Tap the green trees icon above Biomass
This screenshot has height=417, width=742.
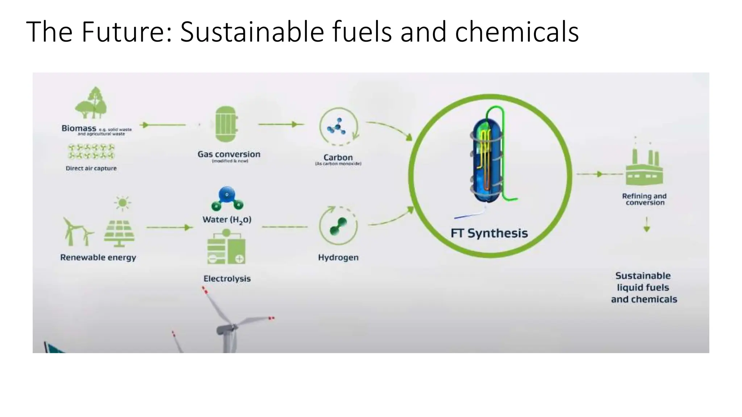point(91,103)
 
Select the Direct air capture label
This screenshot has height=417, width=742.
point(91,168)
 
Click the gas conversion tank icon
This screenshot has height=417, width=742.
point(226,124)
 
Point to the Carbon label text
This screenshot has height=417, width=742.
point(338,157)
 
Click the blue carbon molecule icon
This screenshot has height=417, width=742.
point(337,126)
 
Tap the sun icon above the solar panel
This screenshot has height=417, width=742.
point(122,203)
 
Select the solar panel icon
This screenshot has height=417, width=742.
point(119,233)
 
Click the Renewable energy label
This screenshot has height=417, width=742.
point(98,257)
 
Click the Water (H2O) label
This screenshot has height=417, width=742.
point(227,220)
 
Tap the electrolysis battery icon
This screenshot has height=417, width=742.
point(226,248)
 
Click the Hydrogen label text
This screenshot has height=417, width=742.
point(338,257)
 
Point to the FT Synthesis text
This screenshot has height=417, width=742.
point(489,233)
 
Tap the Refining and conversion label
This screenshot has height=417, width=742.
point(645,199)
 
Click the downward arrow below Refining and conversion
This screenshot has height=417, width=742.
point(647,225)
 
